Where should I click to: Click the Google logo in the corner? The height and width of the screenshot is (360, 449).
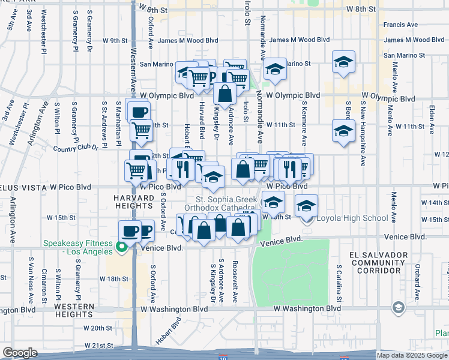pyautogui.click(x=19, y=353)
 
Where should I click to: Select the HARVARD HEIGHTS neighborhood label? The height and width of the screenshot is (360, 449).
pyautogui.click(x=137, y=201)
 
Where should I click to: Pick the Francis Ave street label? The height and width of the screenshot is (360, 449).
pyautogui.click(x=401, y=25)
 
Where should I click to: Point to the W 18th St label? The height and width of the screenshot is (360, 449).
pyautogui.click(x=114, y=278)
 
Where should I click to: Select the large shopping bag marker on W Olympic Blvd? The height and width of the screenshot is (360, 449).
pyautogui.click(x=224, y=95)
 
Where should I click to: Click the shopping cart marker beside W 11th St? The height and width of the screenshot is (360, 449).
pyautogui.click(x=141, y=130)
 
